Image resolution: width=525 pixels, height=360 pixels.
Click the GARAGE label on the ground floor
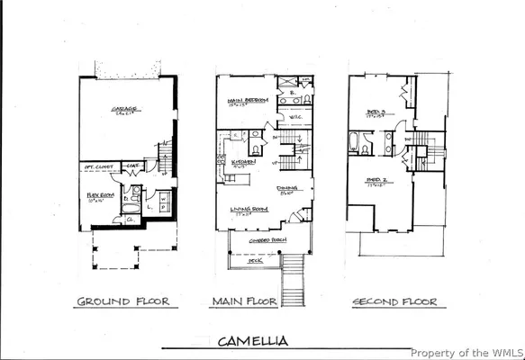[123, 110]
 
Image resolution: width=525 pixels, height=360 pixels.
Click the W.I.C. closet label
[295, 117]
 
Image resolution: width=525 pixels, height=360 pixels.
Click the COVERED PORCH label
[267, 238]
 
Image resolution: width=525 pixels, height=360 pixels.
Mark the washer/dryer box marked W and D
[163, 202]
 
